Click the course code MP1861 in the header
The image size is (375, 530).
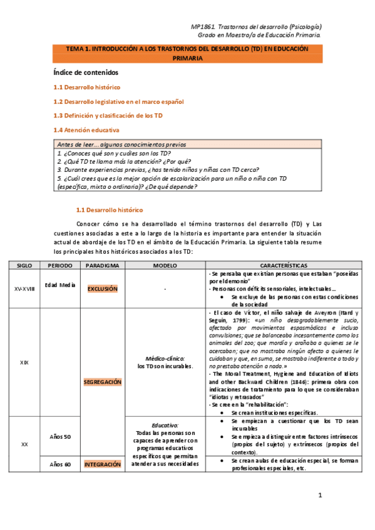202,27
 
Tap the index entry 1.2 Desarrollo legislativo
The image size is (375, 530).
118,101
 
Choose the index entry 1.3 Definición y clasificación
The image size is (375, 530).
108,116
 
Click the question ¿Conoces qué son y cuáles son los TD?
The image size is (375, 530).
113,153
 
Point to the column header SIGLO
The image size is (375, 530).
24,265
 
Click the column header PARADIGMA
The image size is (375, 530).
103,265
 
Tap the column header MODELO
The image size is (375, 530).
165,265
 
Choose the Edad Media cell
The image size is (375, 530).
60,285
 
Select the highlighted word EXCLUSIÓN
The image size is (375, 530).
103,289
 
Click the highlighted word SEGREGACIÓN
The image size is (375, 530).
103,382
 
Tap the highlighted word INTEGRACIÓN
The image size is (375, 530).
103,464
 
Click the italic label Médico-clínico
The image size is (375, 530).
165,359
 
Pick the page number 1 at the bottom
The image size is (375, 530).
319,495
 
